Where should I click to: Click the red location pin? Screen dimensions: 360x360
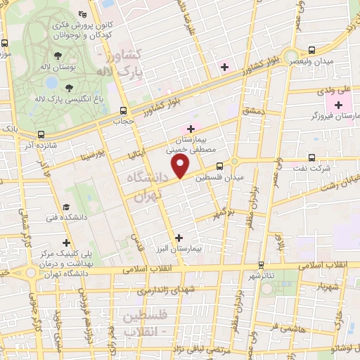[x=181, y=166]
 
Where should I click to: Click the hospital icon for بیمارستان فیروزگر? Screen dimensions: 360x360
[x=339, y=104]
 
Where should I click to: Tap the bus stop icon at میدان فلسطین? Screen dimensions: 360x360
[x=220, y=166]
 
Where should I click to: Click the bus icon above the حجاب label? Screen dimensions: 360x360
[x=124, y=110]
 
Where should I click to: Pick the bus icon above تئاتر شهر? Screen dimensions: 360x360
[x=262, y=264]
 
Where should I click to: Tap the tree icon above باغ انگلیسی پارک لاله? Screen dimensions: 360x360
[x=69, y=88]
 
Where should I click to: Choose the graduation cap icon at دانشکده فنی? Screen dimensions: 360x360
[x=65, y=207]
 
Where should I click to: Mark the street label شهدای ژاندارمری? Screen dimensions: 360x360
[x=162, y=290]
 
